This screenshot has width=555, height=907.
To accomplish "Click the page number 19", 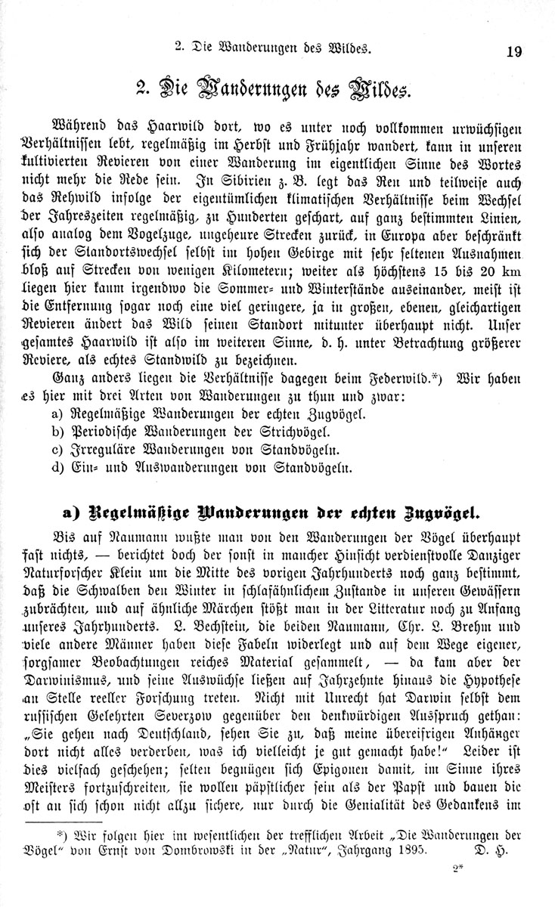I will (513, 51).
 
